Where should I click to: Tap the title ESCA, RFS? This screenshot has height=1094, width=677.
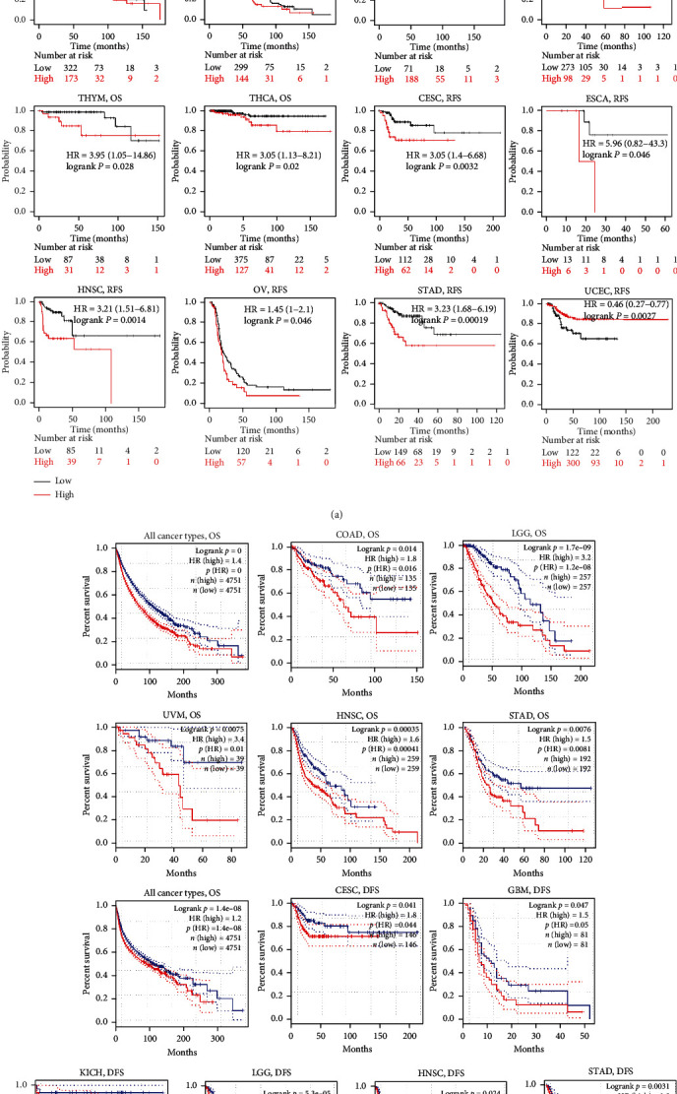click(x=610, y=97)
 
